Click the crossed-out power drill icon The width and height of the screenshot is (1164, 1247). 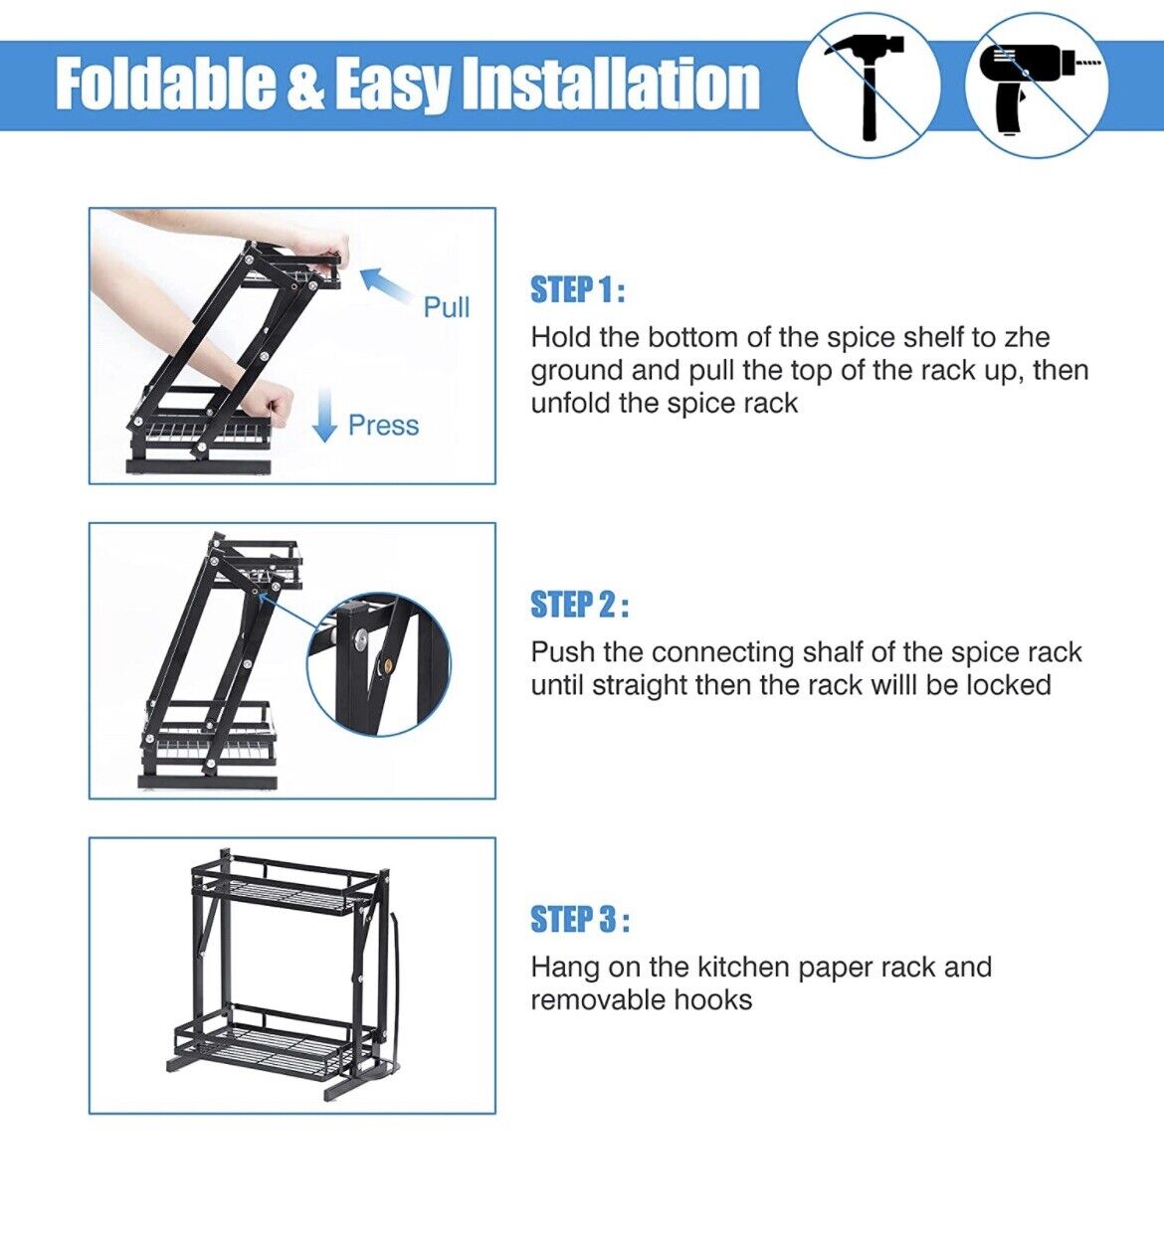coord(1037,86)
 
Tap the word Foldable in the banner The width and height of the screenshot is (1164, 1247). coord(167,84)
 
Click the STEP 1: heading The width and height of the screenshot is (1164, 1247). coord(578,289)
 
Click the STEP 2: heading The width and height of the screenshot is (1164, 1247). coord(580,604)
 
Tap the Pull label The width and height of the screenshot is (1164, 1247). coord(446,307)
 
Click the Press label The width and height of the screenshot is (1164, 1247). coord(383,426)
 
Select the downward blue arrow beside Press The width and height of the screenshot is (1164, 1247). coord(324,415)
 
